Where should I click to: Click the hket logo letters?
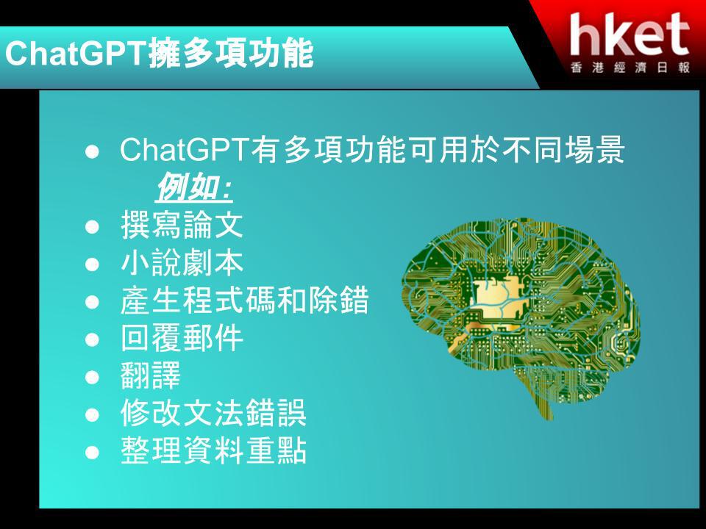(630, 35)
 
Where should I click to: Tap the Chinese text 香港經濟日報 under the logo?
(630, 68)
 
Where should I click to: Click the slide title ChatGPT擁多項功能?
(159, 54)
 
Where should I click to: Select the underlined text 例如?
(193, 187)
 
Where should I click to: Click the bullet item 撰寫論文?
(182, 225)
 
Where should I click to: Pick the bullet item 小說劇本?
(182, 263)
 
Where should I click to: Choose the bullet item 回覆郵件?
(182, 338)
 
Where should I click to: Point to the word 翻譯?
(151, 375)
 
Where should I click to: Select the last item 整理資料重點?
(213, 450)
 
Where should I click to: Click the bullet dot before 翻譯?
(92, 376)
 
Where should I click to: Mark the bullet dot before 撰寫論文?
(92, 226)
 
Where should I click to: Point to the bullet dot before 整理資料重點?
(92, 452)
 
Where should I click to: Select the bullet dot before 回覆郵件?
(92, 339)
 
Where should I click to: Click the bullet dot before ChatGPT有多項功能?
(92, 151)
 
